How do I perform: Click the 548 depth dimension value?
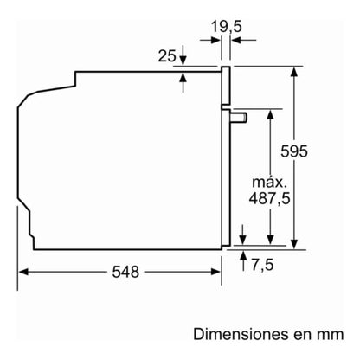pyautogui.click(x=125, y=272)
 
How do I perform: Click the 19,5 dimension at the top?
pyautogui.click(x=225, y=27)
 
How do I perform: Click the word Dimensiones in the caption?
pyautogui.click(x=238, y=332)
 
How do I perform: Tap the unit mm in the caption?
pyautogui.click(x=330, y=332)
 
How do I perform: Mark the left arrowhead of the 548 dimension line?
pyautogui.click(x=23, y=271)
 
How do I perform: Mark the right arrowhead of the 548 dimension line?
pyautogui.click(x=217, y=271)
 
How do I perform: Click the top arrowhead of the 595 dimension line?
pyautogui.click(x=296, y=71)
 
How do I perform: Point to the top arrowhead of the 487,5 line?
pyautogui.click(x=271, y=114)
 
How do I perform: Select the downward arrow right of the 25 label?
pyautogui.click(x=183, y=57)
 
